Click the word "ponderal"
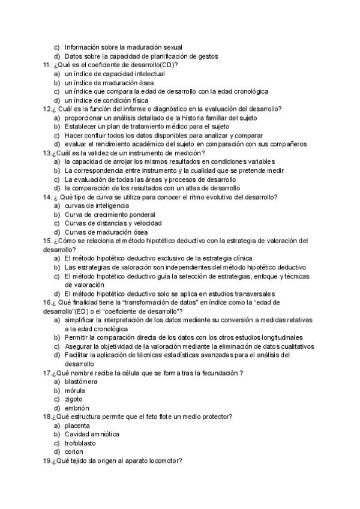point(141,214)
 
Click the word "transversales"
point(252,294)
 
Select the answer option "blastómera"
point(82,381)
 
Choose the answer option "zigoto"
point(74,399)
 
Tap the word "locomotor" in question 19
point(164,460)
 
